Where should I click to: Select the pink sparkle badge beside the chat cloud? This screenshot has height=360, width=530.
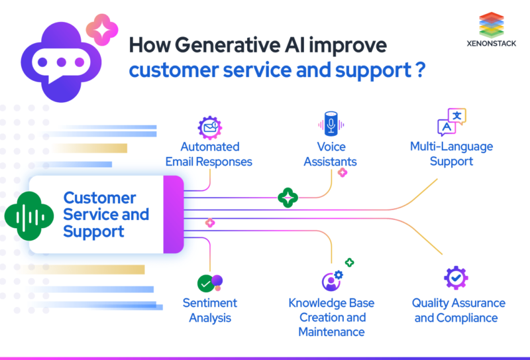click(102, 29)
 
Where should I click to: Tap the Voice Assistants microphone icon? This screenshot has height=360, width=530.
click(330, 124)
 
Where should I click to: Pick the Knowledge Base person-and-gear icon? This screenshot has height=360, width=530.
click(331, 280)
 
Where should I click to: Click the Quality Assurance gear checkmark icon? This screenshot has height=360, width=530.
click(456, 278)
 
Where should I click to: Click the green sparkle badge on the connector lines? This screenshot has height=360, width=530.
click(288, 197)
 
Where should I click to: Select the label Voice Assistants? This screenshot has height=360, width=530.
click(330, 154)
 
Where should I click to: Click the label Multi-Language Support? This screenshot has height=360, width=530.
click(451, 154)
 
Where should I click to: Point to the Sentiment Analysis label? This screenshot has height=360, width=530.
click(210, 310)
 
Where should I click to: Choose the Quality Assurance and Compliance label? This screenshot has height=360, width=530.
click(458, 310)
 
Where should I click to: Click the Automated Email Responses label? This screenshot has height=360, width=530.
click(209, 154)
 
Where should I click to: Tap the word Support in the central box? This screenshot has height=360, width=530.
click(93, 232)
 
